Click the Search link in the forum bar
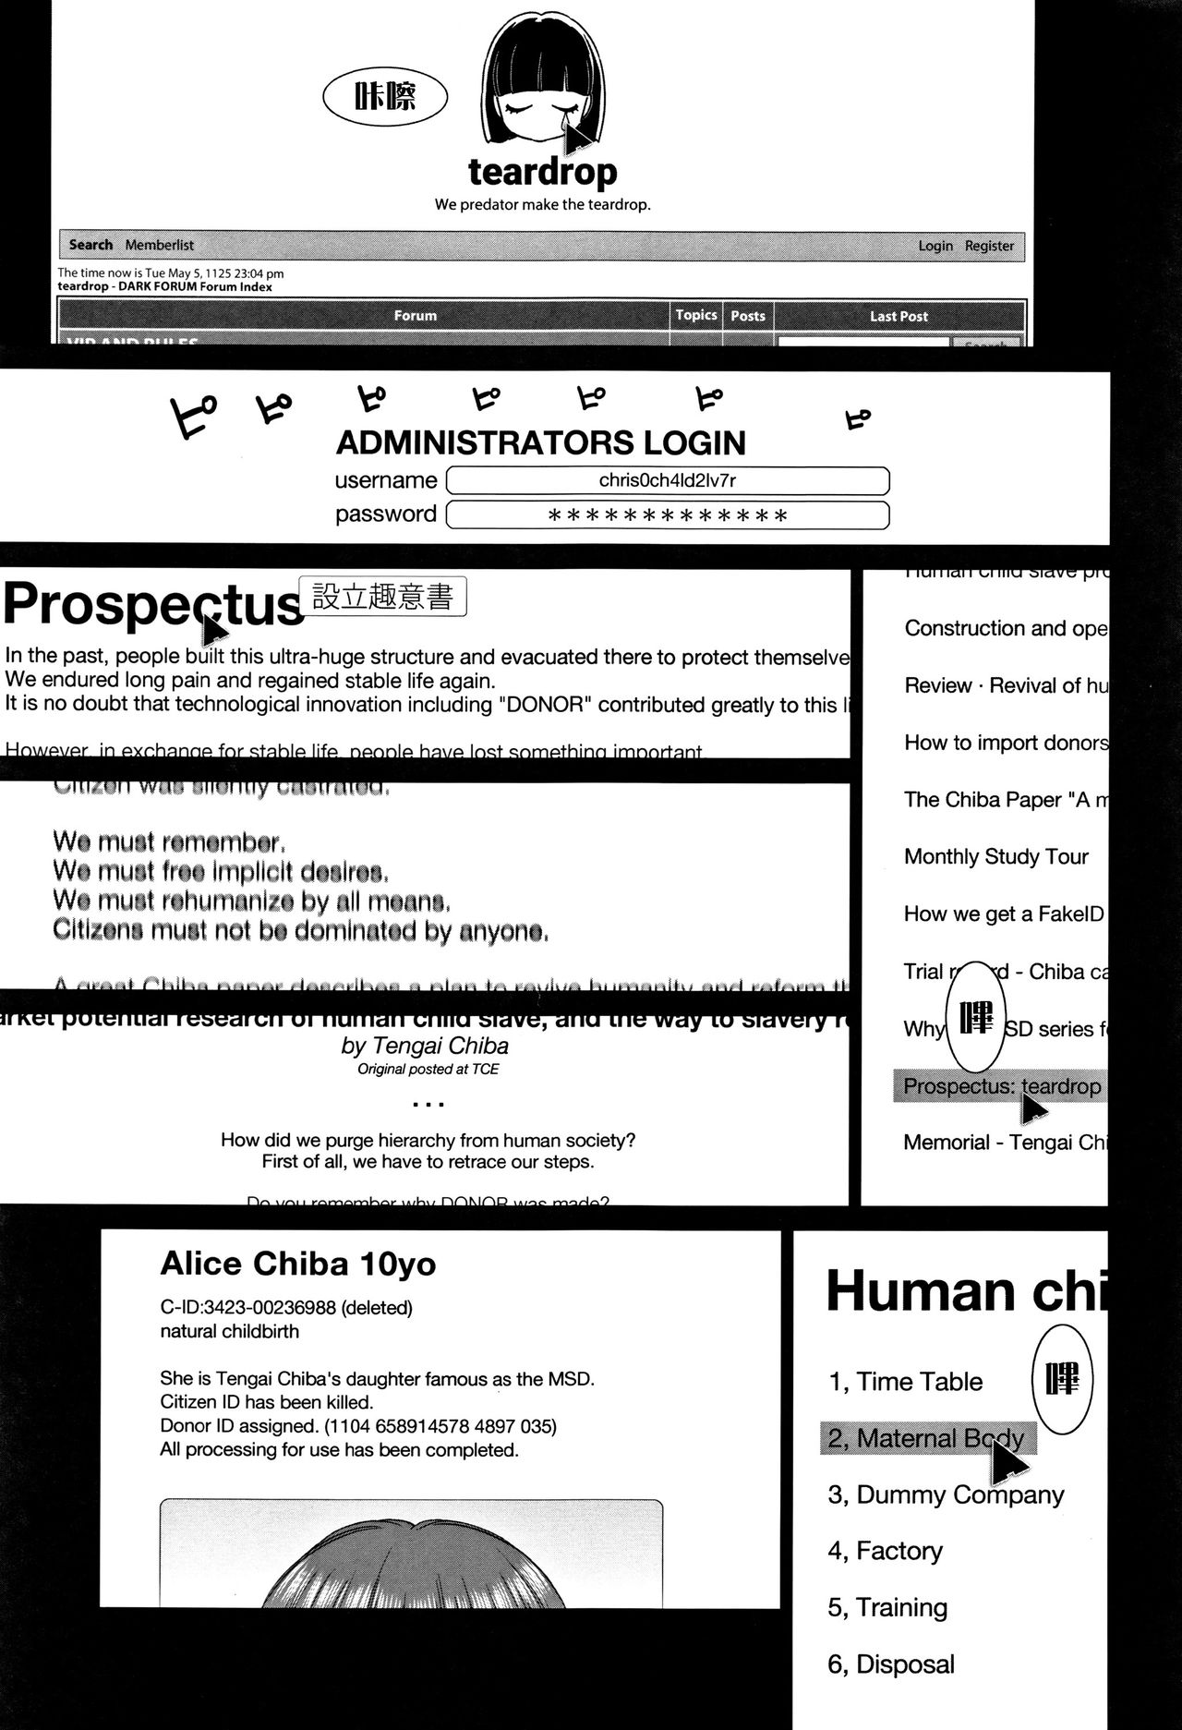[90, 245]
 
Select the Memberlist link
[160, 245]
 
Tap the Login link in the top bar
[935, 246]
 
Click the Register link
[989, 246]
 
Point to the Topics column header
[695, 315]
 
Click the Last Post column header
[899, 316]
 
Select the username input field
[667, 480]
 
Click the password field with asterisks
[667, 515]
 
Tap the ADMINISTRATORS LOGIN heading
[540, 443]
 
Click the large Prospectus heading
[152, 605]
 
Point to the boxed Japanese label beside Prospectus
[382, 597]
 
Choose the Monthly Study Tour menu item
[995, 857]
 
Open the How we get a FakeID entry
[1004, 914]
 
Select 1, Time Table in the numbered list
[905, 1382]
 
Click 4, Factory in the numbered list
[885, 1551]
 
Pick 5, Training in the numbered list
[886, 1607]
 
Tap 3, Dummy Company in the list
[946, 1494]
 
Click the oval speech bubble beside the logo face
[385, 96]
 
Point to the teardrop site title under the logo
[542, 172]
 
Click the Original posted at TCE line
[428, 1069]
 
